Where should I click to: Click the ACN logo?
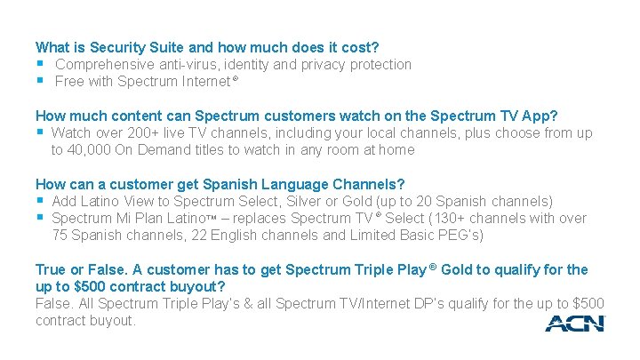coord(574,324)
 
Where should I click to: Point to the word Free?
coord(69,82)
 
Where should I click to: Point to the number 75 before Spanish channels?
coord(60,236)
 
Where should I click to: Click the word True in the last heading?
coord(52,269)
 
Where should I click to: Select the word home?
coord(396,150)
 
